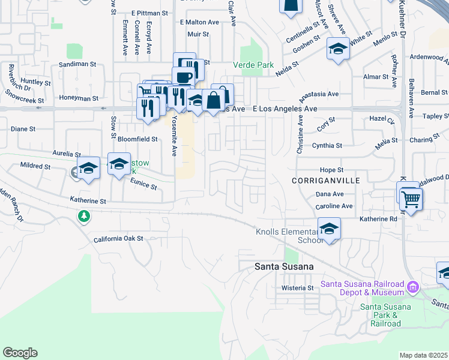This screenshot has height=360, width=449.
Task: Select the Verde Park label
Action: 253,65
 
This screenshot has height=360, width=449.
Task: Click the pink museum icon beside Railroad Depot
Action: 412,287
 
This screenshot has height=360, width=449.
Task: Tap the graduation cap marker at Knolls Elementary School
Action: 329,228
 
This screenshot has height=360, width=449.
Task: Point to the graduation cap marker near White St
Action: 338,50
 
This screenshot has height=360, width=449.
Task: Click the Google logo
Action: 20,353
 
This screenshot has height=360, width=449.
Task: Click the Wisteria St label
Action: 298,288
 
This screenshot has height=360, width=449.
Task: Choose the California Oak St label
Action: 118,239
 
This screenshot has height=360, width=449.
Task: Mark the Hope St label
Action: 331,170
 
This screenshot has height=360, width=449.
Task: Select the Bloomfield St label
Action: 137,139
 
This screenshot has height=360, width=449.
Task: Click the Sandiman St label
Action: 77,64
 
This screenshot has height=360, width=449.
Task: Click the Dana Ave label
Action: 330,194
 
